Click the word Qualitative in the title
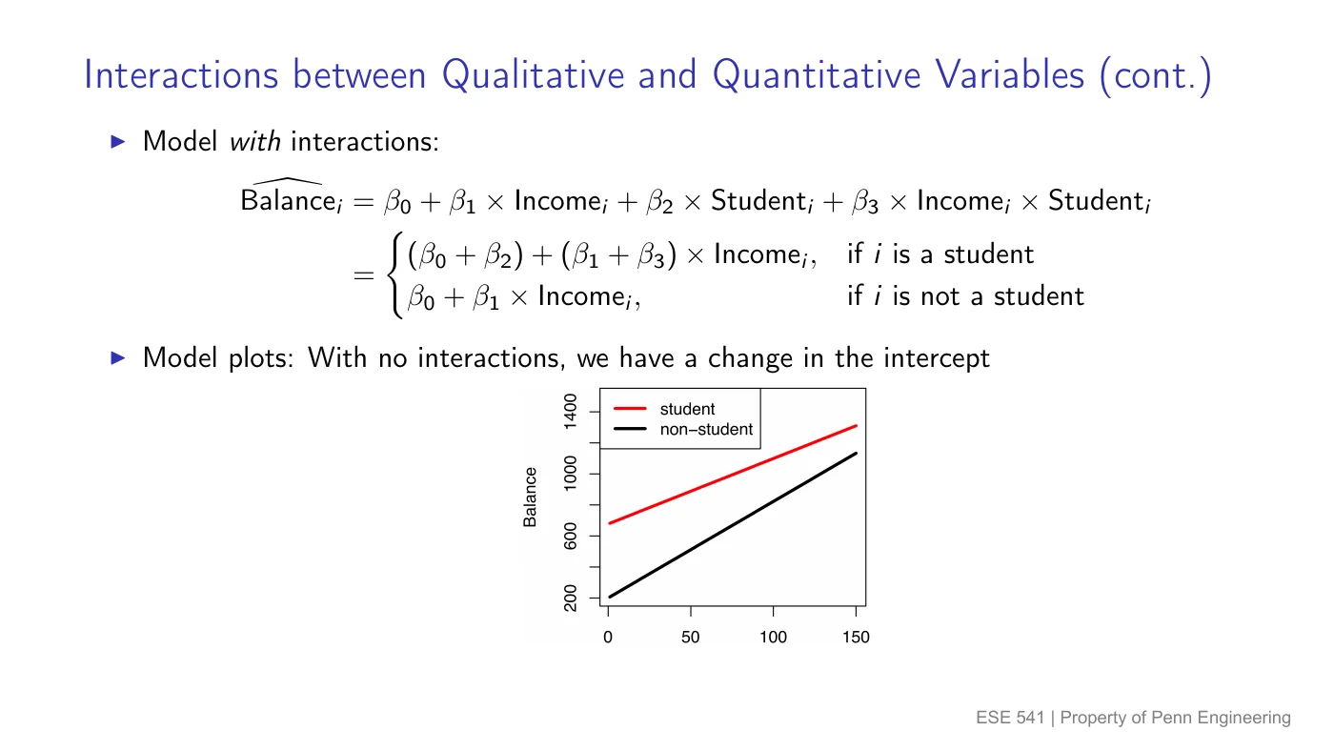533,76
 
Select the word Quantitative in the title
818,76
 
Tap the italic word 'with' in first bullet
255,142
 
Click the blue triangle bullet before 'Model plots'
118,358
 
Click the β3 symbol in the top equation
865,201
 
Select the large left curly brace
394,275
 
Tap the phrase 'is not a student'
988,296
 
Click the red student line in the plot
733,475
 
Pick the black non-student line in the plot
733,525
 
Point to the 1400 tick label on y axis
570,412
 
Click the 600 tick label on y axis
570,536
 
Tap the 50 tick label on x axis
690,638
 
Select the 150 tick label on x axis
856,638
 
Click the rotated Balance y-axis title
530,497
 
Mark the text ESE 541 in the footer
1010,718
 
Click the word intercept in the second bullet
936,358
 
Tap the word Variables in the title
1009,76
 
